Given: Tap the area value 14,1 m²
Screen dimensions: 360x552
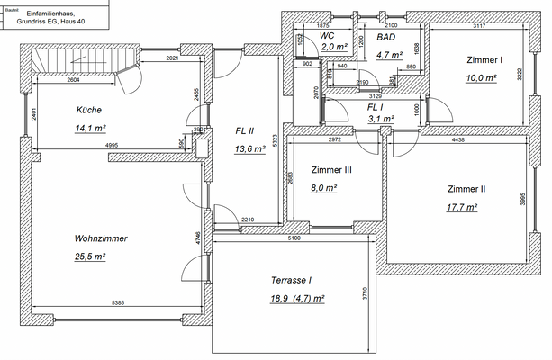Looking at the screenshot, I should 90,128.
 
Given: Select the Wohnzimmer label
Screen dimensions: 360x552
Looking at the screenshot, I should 101,238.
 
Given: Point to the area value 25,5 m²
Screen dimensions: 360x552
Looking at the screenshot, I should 91,256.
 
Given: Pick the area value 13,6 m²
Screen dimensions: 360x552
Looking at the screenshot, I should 249,149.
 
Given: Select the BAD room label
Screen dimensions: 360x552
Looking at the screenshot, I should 385,37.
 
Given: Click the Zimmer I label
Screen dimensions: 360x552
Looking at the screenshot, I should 484,59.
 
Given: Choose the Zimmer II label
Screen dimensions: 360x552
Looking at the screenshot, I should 466,189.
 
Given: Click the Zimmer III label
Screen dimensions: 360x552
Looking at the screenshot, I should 330,169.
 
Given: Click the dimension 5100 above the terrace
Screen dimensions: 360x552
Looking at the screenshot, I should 293,238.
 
